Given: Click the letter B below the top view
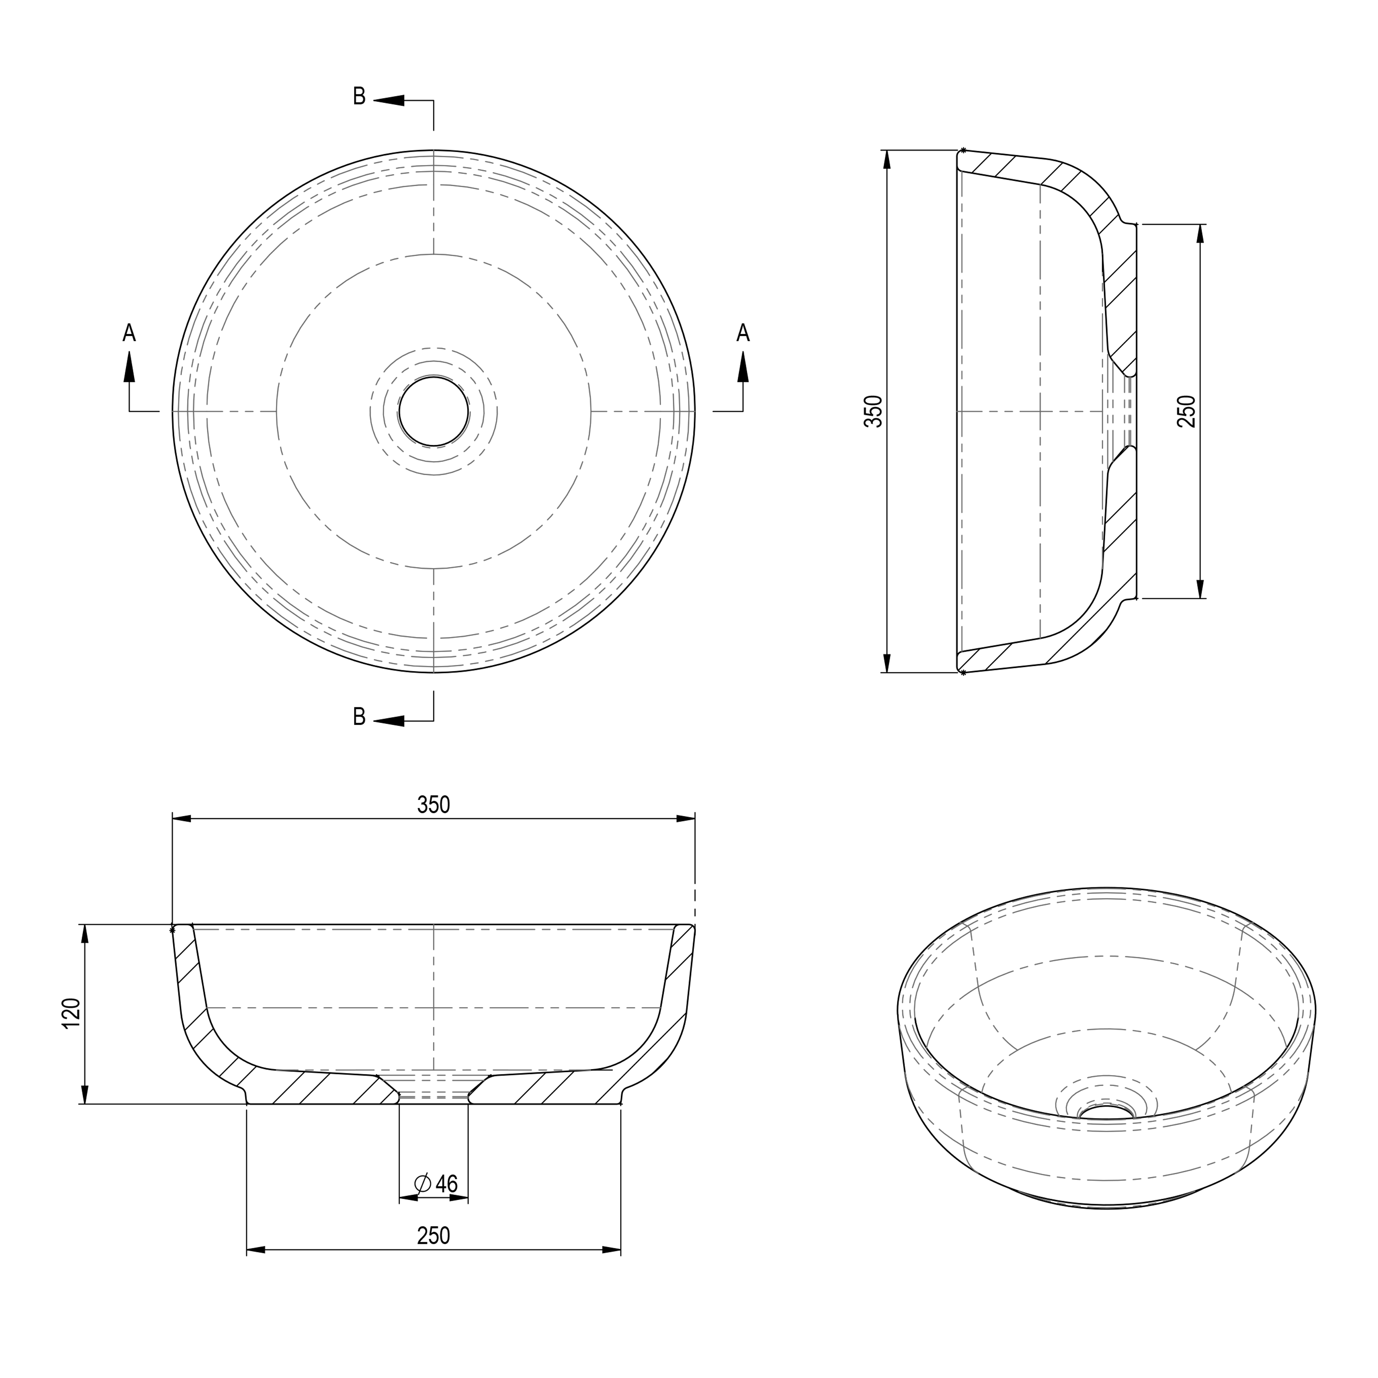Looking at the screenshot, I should (359, 717).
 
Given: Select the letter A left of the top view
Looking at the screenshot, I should (129, 333).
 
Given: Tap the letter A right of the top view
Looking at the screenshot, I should (743, 333).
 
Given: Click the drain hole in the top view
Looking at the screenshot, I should (434, 411).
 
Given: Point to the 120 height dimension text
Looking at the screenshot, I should (71, 1013).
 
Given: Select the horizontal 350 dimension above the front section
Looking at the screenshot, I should (434, 804).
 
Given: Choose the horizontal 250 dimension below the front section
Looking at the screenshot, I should (434, 1235).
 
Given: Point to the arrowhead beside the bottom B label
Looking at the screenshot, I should (389, 721).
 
